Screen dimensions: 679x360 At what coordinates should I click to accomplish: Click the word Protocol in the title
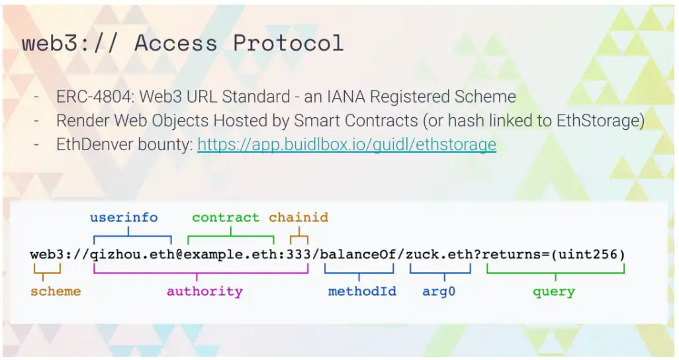point(288,43)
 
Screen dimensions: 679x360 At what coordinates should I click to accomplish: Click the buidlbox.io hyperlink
point(347,144)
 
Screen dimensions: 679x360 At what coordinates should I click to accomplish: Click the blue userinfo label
point(124,217)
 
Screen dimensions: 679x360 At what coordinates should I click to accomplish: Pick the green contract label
point(226,217)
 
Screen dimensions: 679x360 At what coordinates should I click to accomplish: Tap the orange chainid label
point(298,217)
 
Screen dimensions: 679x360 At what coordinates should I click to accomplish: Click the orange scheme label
point(56,291)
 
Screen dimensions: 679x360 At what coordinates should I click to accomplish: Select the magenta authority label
point(205,292)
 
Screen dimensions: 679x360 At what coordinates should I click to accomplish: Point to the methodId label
point(362,291)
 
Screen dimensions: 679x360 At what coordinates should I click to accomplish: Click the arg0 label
point(439,292)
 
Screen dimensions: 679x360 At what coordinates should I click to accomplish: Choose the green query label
point(554,292)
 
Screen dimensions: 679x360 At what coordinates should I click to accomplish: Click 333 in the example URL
point(298,254)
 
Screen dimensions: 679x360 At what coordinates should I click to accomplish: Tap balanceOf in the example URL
point(357,254)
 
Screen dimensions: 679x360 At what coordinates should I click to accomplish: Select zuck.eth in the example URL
point(439,254)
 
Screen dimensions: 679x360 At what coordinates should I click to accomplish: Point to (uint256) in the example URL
point(588,255)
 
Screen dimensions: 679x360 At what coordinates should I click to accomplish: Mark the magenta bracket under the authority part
point(197,273)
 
